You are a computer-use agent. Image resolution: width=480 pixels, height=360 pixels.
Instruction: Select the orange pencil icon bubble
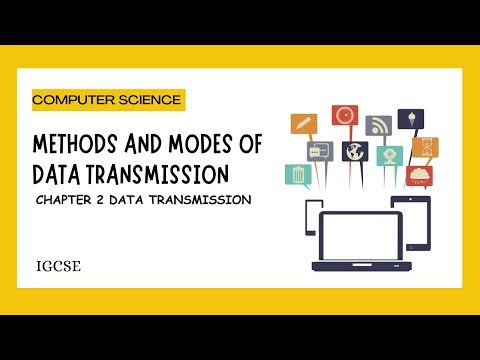303,124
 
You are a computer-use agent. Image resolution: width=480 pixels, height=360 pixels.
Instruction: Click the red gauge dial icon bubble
345,116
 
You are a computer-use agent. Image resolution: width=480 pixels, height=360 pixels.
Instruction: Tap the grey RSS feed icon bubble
378,125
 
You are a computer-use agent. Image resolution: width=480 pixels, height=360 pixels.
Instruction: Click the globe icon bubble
355,152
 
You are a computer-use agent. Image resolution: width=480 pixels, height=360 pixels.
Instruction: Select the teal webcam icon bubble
389,156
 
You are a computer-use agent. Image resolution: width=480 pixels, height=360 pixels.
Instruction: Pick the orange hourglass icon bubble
425,148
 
